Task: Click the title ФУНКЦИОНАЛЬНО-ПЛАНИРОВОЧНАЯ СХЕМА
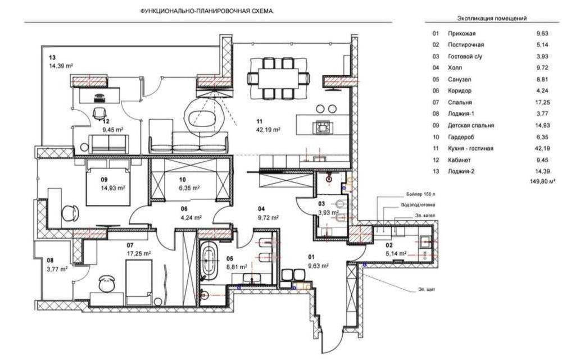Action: [x=207, y=11]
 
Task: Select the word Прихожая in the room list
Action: [x=461, y=34]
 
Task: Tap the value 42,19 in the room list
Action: [x=542, y=148]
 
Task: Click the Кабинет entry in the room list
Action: [x=459, y=160]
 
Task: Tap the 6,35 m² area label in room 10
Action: [x=189, y=188]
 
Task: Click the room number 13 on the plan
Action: [x=52, y=58]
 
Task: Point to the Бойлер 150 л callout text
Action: [x=420, y=194]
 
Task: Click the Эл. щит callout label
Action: [x=426, y=289]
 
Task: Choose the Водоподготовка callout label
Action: [x=418, y=205]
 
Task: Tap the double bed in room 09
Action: [x=108, y=183]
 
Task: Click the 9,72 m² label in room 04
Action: [x=268, y=217]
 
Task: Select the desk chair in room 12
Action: [x=99, y=113]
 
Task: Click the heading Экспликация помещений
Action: [x=492, y=19]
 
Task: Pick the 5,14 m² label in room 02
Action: [x=396, y=253]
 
